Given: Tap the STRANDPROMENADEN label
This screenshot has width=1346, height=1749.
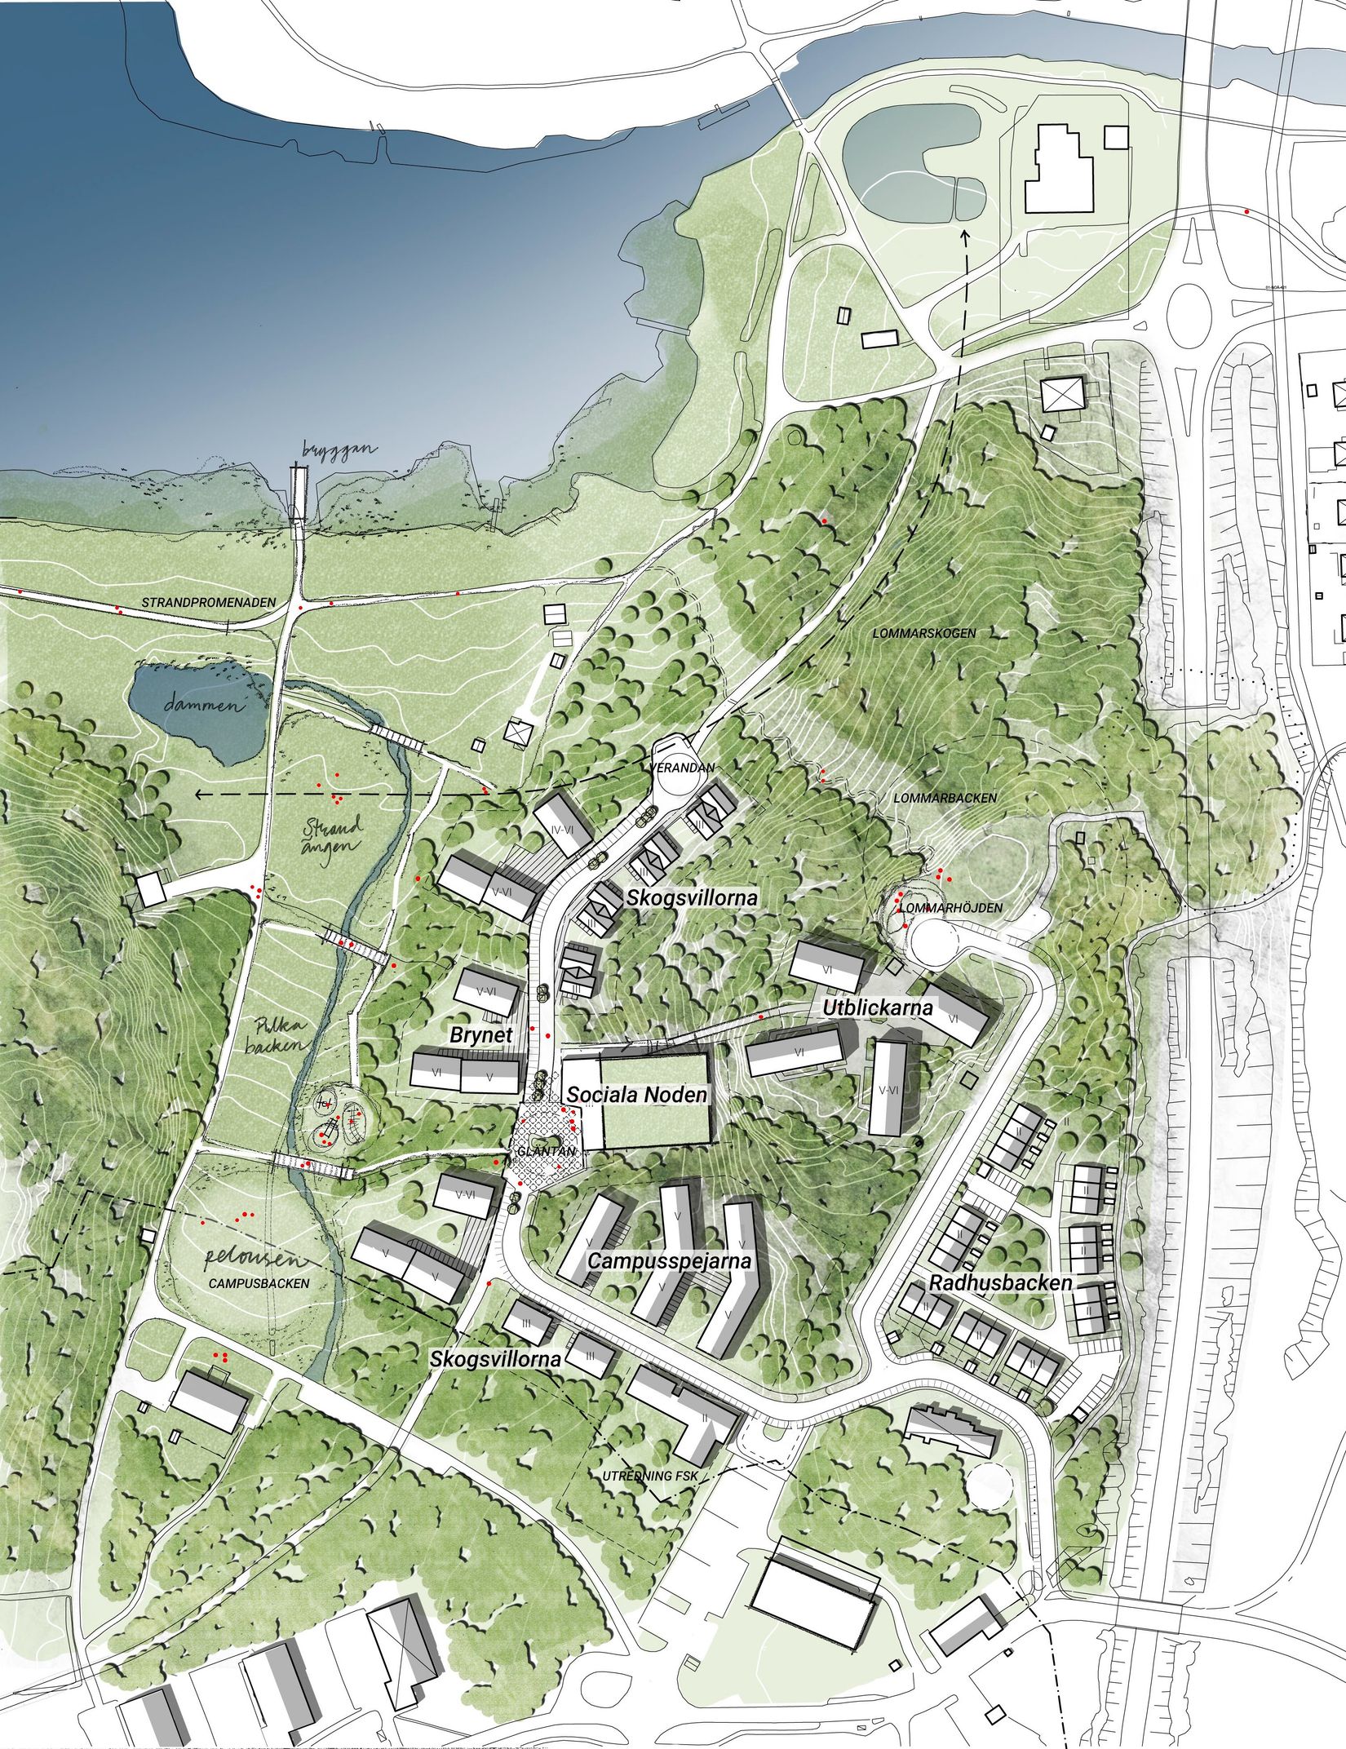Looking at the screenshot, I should click(x=209, y=603).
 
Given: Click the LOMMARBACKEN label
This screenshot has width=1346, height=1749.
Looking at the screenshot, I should click(x=945, y=797).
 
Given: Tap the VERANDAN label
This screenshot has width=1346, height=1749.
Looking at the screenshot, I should click(x=683, y=768).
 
